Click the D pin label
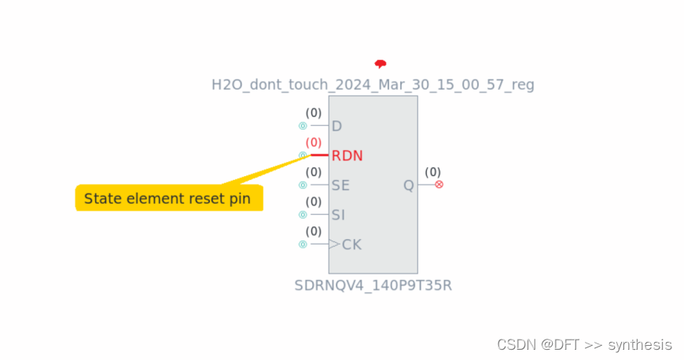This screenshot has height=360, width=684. tap(336, 126)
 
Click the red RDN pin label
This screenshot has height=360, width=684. tap(347, 156)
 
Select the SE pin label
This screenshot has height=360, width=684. tap(340, 186)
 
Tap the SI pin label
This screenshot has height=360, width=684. tap(338, 215)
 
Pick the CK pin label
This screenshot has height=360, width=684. tap(351, 244)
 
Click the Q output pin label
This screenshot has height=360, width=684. tap(408, 186)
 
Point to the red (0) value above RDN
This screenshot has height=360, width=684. tap(314, 142)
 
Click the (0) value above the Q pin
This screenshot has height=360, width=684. tap(432, 171)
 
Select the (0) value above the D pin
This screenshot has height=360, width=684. tap(314, 113)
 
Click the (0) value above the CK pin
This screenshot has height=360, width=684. tap(314, 231)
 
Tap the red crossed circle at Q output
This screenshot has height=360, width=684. tap(439, 184)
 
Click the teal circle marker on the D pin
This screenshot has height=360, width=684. tap(303, 126)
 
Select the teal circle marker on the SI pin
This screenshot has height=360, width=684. tap(303, 215)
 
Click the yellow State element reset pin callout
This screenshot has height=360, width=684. tap(167, 198)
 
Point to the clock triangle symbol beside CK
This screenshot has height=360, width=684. tap(334, 244)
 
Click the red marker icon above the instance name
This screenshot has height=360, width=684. tap(381, 64)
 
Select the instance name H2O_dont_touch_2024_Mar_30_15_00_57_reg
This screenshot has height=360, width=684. tap(373, 84)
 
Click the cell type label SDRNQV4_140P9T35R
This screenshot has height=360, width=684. tap(373, 285)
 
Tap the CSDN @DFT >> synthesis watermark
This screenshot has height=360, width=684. tap(585, 344)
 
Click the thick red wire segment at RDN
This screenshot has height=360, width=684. tap(319, 155)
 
